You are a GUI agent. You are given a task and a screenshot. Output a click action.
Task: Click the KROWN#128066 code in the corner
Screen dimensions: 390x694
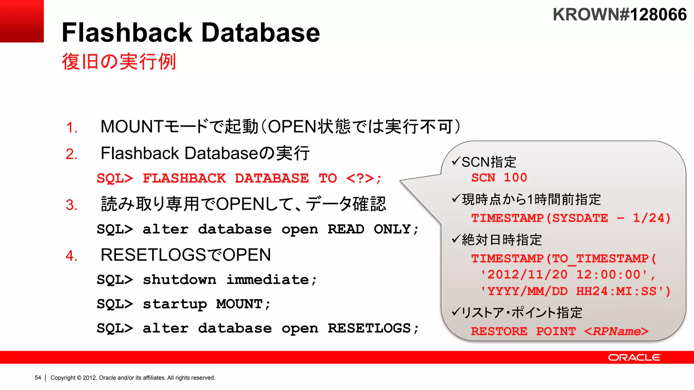click(x=619, y=15)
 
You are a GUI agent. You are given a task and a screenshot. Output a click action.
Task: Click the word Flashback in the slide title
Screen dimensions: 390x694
click(x=127, y=32)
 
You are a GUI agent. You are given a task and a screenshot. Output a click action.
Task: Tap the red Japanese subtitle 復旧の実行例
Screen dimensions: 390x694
click(x=119, y=62)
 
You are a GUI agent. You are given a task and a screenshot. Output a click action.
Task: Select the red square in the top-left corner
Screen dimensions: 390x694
click(x=22, y=21)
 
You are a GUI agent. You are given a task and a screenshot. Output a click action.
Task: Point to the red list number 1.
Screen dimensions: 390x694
click(x=71, y=128)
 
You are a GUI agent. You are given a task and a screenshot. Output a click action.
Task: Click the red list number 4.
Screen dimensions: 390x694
click(x=71, y=256)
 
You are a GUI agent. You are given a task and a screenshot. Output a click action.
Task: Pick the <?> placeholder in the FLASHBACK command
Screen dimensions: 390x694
click(x=360, y=178)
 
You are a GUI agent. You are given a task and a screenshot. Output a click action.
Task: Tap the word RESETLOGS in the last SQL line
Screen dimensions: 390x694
click(x=369, y=328)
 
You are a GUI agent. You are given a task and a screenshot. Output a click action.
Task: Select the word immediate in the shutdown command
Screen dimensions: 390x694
click(x=268, y=280)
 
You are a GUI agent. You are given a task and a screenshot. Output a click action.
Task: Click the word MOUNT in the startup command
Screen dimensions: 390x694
click(x=239, y=304)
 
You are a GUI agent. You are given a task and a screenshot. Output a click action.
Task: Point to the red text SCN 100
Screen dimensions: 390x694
click(x=499, y=177)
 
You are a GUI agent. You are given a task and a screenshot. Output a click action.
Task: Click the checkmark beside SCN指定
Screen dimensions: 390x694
click(x=456, y=161)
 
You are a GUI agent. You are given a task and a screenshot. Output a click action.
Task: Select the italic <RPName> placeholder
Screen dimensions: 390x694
click(x=616, y=331)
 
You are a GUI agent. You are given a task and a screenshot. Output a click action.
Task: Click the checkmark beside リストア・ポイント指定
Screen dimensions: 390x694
click(x=456, y=311)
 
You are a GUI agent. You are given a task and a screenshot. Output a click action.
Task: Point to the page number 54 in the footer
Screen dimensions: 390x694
click(x=38, y=377)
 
